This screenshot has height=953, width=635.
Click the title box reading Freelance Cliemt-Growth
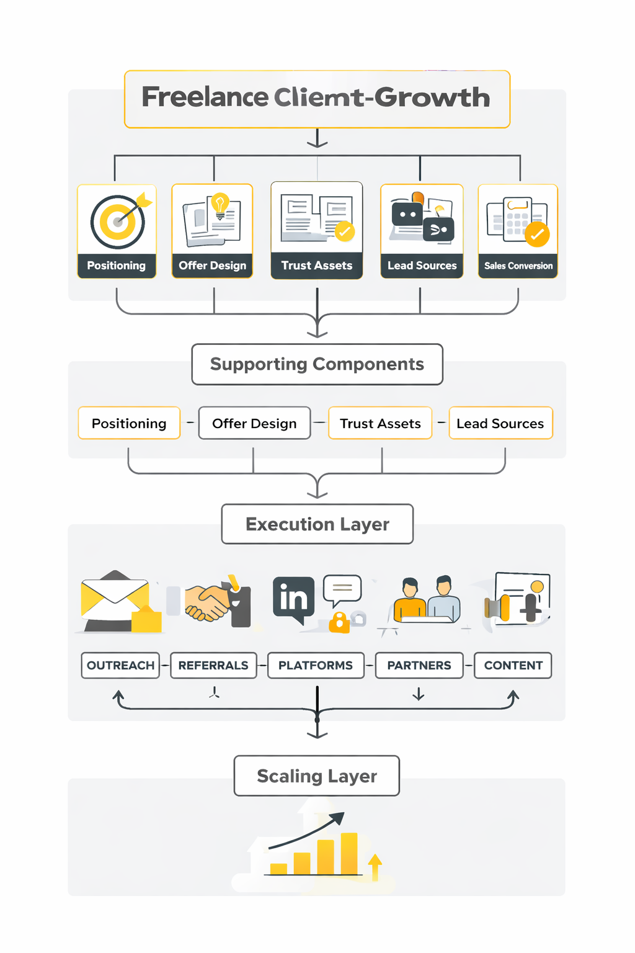coord(317,99)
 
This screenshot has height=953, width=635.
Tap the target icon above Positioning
coord(118,221)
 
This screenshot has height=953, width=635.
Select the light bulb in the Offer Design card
coord(220,204)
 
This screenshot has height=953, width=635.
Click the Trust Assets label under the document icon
coord(317,266)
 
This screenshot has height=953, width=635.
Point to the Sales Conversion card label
coord(518,266)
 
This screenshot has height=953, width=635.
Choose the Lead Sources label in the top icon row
coord(422,266)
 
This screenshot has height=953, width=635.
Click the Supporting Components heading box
coord(317,364)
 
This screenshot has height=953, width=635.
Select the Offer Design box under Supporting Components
coord(254,423)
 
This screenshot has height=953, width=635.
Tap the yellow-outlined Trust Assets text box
coord(380,423)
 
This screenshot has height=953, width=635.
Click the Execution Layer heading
coord(317,524)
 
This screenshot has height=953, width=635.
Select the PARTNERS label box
coord(419,665)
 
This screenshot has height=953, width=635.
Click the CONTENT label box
coord(513,665)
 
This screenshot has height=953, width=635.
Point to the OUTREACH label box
coord(120,665)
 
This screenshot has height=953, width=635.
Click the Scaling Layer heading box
coord(317,776)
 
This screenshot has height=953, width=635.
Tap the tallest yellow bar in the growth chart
coord(349,853)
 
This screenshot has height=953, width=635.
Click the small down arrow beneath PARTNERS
coord(419,694)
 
